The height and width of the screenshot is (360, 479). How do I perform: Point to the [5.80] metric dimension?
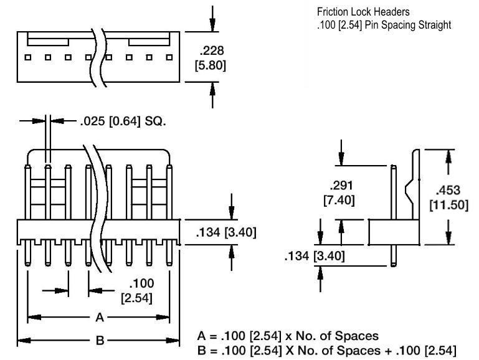tap(212, 64)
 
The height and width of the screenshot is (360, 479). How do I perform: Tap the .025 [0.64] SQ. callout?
tap(123, 121)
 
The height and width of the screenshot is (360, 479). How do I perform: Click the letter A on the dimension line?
tap(99, 318)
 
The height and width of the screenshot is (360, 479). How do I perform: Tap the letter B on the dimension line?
tap(99, 341)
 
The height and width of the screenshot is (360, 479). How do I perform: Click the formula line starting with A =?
tap(287, 336)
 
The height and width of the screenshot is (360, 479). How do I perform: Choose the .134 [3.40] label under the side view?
tap(314, 255)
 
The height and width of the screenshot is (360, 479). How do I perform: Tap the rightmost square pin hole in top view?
tap(168, 57)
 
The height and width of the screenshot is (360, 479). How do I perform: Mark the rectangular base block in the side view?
tap(392, 232)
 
